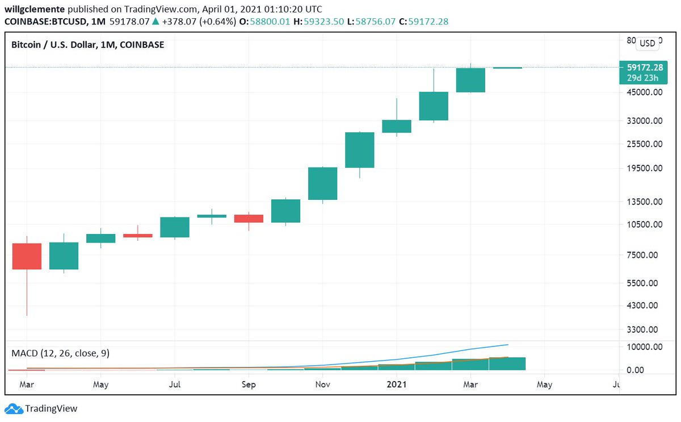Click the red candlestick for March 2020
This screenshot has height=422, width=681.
[x=27, y=256]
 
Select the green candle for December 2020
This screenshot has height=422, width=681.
[x=360, y=150]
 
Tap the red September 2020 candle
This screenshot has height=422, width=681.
[x=249, y=218]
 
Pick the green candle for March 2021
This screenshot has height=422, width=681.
[x=470, y=80]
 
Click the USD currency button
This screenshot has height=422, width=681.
[x=647, y=43]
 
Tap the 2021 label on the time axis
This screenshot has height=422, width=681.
[x=396, y=385]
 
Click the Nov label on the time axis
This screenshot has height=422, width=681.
[x=322, y=385]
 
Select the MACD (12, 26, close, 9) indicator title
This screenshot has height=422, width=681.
[x=61, y=353]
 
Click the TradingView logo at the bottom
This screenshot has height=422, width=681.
[x=41, y=408]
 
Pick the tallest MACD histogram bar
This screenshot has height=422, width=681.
[x=507, y=363]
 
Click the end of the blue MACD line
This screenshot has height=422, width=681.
[x=507, y=345]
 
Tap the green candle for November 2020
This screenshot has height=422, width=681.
[x=322, y=183]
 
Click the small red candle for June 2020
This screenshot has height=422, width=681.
[x=137, y=235]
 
